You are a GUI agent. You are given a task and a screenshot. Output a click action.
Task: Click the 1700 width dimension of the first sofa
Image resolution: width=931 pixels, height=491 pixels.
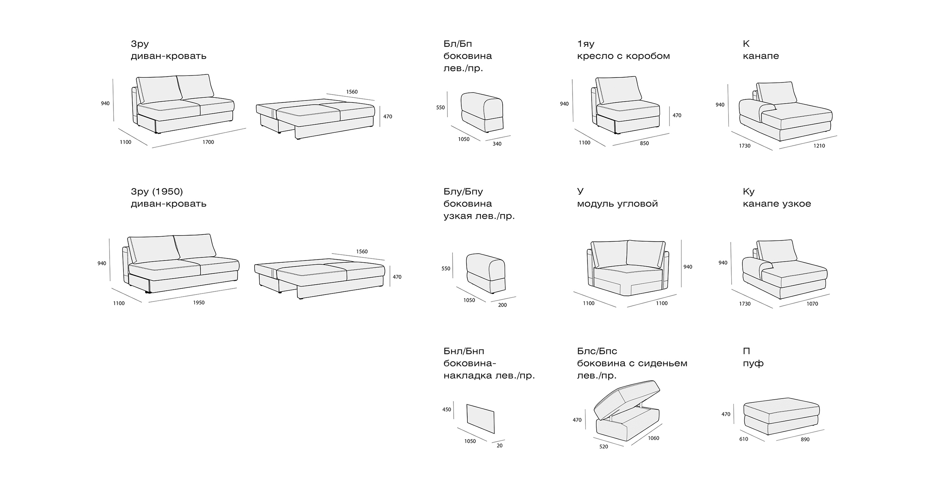tap(208, 142)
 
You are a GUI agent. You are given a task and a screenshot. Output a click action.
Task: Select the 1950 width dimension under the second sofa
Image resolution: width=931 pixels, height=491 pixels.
tap(199, 303)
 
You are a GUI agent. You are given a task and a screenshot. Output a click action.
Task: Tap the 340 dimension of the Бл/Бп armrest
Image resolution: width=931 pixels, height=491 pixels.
tap(497, 144)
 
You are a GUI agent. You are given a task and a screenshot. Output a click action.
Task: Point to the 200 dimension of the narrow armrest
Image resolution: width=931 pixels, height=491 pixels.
tap(502, 305)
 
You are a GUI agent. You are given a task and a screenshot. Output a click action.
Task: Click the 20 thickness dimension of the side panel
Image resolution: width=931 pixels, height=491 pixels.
tap(500, 445)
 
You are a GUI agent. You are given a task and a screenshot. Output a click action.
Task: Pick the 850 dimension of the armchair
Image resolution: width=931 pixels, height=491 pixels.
tap(644, 143)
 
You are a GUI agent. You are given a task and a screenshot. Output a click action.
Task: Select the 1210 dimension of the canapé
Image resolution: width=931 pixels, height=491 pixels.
tap(819, 146)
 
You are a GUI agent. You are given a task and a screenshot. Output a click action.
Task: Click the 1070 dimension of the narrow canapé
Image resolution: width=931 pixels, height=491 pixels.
tap(812, 304)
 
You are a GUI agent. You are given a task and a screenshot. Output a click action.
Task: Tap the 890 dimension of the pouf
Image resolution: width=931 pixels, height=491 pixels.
tap(805, 439)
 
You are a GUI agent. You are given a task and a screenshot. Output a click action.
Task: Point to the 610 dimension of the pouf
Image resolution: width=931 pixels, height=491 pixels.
tap(743, 439)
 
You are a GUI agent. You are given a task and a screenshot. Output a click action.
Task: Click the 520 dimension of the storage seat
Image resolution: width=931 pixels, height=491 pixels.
tap(604, 447)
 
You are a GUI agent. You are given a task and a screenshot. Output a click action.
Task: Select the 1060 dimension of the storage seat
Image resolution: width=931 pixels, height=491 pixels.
tap(653, 438)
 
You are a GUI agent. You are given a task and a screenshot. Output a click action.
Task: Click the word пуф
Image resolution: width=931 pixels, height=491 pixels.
tap(753, 363)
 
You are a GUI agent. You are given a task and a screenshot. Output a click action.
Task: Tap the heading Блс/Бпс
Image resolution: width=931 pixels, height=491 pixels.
tap(597, 351)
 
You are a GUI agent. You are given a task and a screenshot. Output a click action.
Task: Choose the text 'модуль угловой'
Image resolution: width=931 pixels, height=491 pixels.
tap(617, 204)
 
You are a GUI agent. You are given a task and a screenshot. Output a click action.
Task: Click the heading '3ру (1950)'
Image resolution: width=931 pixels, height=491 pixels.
tap(157, 191)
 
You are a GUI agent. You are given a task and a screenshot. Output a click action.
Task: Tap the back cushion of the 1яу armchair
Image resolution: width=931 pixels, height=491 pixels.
tap(618, 90)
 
